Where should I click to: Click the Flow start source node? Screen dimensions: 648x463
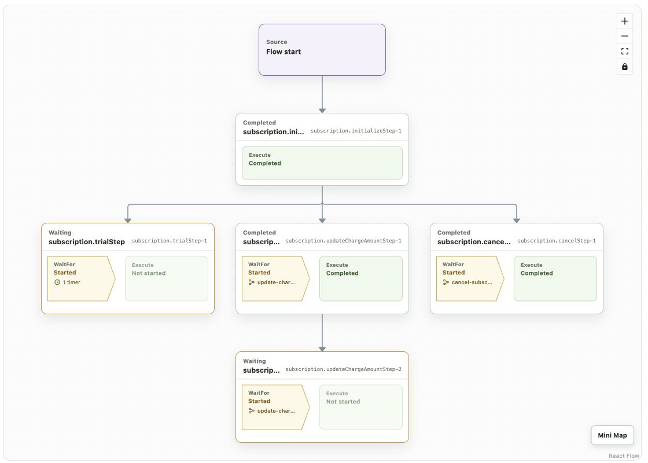[x=322, y=50]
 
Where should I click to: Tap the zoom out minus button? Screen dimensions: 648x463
[x=624, y=36]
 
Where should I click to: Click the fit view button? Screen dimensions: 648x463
[x=624, y=52]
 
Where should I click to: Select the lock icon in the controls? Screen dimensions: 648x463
[x=624, y=67]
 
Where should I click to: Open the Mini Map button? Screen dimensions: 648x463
[x=612, y=435]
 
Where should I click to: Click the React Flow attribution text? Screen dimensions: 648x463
[x=624, y=455]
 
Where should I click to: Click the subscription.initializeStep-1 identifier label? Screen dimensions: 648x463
[x=356, y=131]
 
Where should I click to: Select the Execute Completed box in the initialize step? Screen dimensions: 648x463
[x=322, y=163]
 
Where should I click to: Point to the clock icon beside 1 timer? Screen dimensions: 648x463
[x=57, y=282]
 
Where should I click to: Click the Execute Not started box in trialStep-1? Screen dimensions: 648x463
[x=167, y=278]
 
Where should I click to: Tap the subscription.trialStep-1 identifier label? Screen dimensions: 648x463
[x=170, y=241]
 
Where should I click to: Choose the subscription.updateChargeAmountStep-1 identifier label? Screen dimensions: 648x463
[x=344, y=241]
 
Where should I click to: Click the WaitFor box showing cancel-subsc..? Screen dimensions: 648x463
[x=470, y=278]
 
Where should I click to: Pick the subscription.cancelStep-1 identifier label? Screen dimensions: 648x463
[x=557, y=241]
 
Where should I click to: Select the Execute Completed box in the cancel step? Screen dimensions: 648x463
[x=555, y=278]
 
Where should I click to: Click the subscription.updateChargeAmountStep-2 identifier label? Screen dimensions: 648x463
[x=344, y=369]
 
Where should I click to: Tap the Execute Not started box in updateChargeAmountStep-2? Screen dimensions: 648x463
[x=361, y=407]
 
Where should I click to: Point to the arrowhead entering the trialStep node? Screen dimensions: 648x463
[x=128, y=221]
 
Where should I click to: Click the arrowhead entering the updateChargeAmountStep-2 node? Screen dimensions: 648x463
[x=322, y=350]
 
